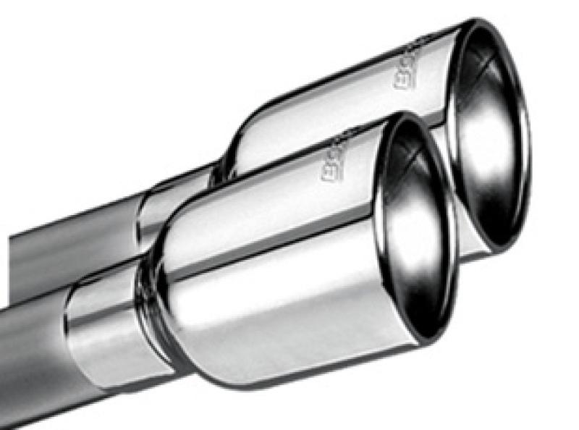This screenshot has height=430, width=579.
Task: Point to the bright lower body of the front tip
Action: [289, 326]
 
